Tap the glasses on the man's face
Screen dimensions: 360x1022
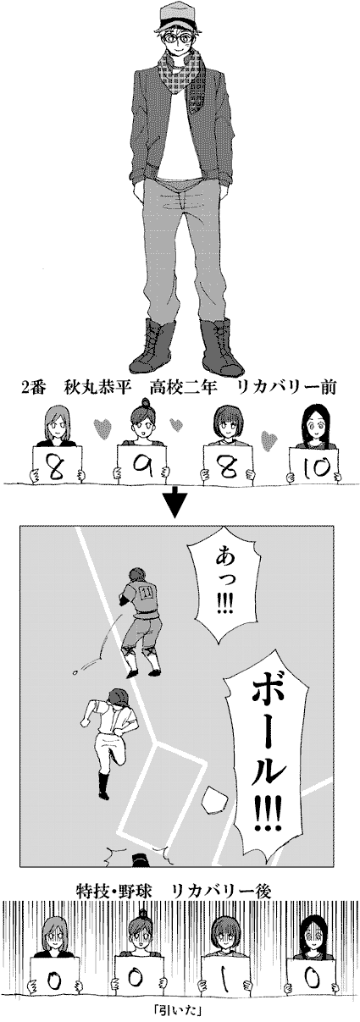point(180,38)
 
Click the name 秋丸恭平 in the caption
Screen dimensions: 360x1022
point(98,389)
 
